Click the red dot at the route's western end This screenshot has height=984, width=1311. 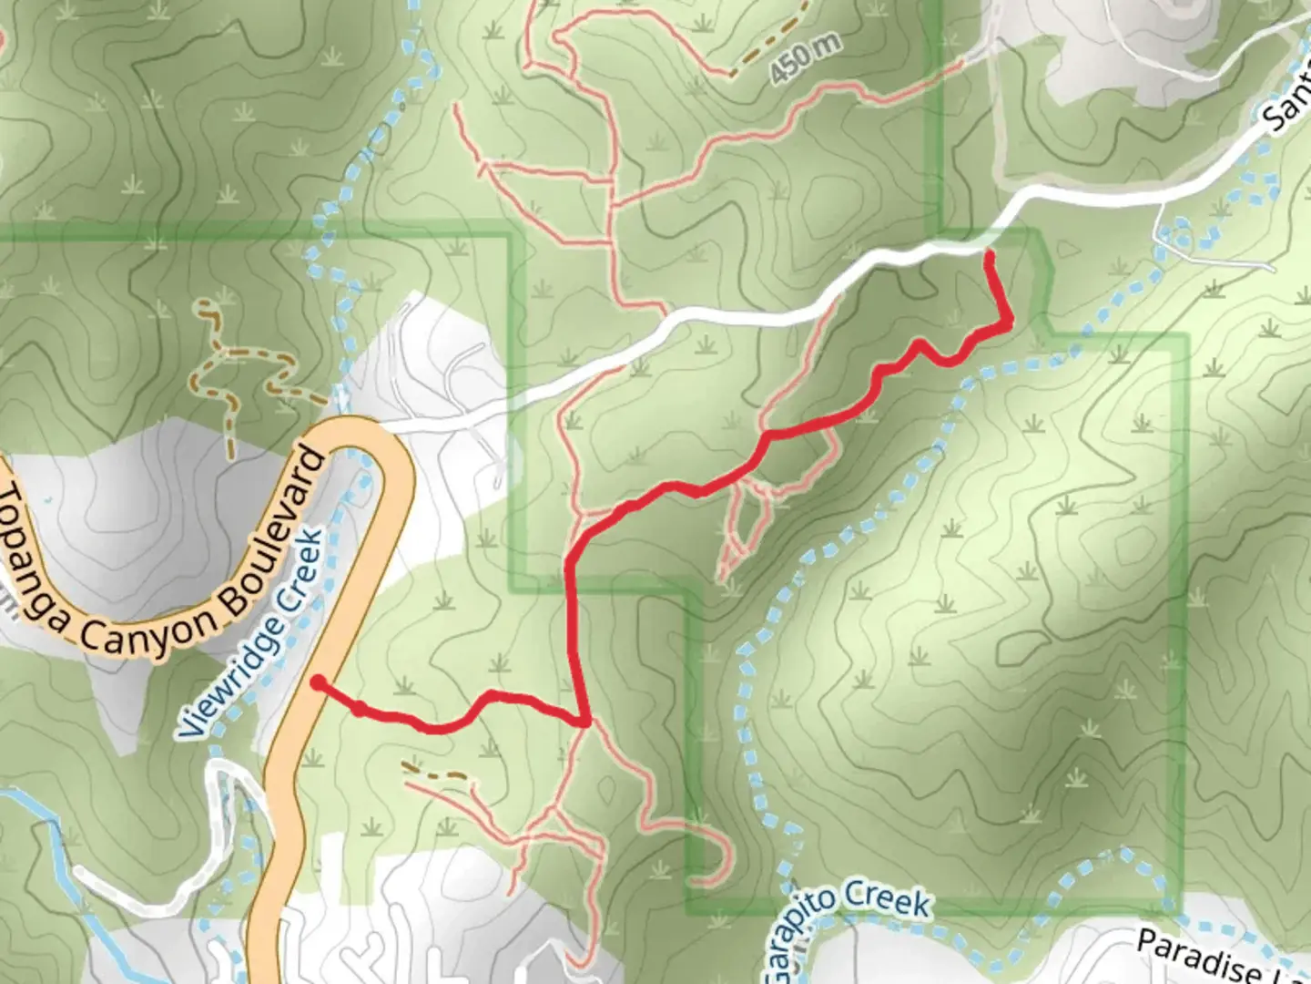pyautogui.click(x=317, y=682)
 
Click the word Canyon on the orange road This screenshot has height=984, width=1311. pyautogui.click(x=150, y=633)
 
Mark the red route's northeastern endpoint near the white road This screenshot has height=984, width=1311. pyautogui.click(x=989, y=254)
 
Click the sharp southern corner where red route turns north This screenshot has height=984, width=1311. pyautogui.click(x=584, y=722)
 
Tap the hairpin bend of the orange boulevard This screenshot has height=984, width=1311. pyautogui.click(x=364, y=436)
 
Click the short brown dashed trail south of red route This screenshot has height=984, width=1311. pyautogui.click(x=436, y=774)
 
